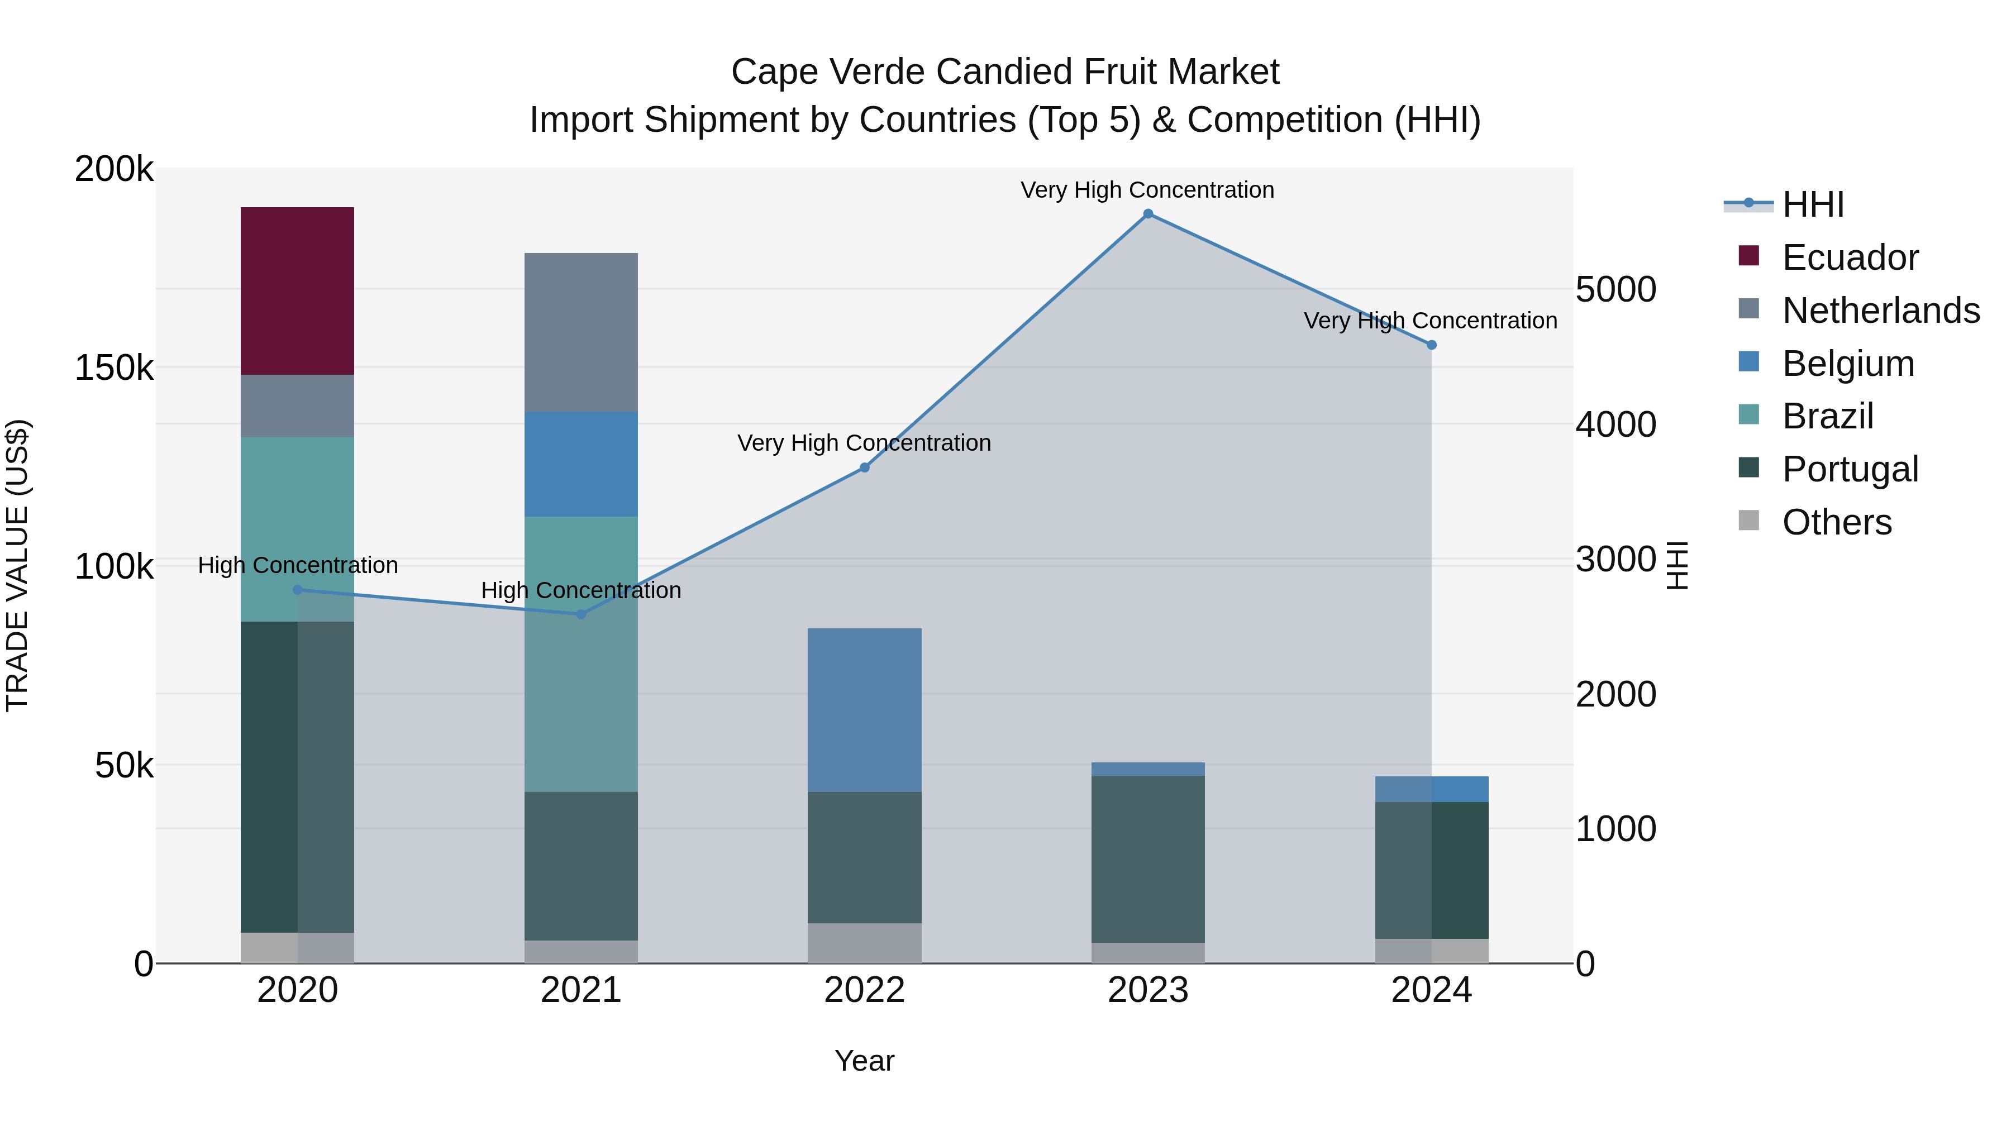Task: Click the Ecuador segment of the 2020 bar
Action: click(x=297, y=290)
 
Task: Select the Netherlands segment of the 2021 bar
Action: click(x=581, y=332)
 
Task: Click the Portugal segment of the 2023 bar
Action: click(x=1147, y=858)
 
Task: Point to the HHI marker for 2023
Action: click(x=1147, y=214)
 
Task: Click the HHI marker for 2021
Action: click(x=581, y=614)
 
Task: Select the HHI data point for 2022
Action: click(x=864, y=467)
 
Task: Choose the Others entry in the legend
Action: click(x=1836, y=522)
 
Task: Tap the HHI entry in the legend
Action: click(x=1813, y=204)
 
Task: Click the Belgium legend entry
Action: click(x=1847, y=364)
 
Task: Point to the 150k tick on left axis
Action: click(x=114, y=368)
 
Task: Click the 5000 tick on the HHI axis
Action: click(x=1614, y=289)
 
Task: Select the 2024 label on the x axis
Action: click(x=1431, y=990)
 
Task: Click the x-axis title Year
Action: click(x=864, y=1061)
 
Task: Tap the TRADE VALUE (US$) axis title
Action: click(x=17, y=565)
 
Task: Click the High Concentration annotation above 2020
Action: click(x=297, y=565)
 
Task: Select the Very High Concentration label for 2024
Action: click(x=1430, y=321)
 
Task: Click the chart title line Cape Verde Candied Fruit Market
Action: click(x=1005, y=72)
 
